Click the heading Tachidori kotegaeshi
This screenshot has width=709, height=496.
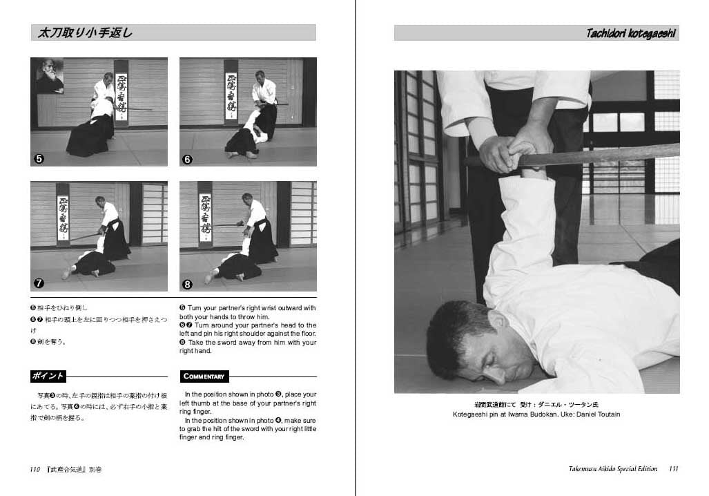(630, 33)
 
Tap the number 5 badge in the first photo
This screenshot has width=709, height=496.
(39, 159)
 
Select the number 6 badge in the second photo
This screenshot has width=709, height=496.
(188, 159)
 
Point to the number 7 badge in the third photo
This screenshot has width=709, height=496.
(39, 283)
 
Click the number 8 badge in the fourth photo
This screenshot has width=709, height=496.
(188, 283)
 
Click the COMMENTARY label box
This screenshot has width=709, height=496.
(204, 376)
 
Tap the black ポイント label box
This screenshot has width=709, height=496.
(48, 376)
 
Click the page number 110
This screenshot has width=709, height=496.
(35, 469)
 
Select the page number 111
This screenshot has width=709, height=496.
(673, 468)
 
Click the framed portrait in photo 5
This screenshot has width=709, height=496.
(50, 77)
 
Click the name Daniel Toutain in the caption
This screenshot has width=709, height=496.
(596, 414)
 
